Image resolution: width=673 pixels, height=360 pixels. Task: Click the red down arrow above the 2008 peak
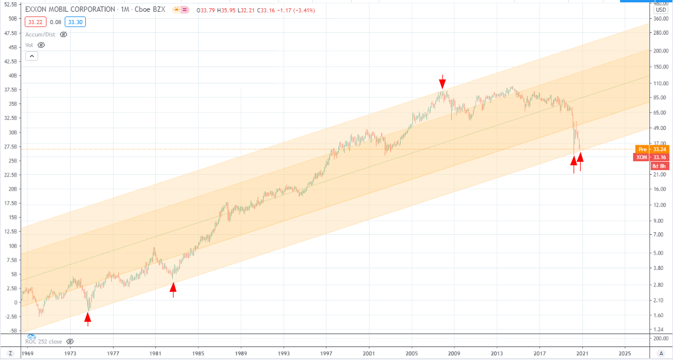443,82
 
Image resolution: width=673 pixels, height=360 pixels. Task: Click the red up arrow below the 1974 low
88,319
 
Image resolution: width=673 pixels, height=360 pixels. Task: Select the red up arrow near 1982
173,289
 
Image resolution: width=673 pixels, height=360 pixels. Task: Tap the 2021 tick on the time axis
582,354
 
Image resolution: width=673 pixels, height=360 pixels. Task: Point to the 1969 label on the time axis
27,354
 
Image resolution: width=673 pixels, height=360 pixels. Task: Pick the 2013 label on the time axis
497,354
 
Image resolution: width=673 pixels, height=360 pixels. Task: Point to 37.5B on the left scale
11,90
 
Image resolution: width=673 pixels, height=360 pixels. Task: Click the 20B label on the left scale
12,189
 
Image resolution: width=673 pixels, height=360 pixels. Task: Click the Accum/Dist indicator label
41,34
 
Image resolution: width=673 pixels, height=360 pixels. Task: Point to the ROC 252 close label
44,341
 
